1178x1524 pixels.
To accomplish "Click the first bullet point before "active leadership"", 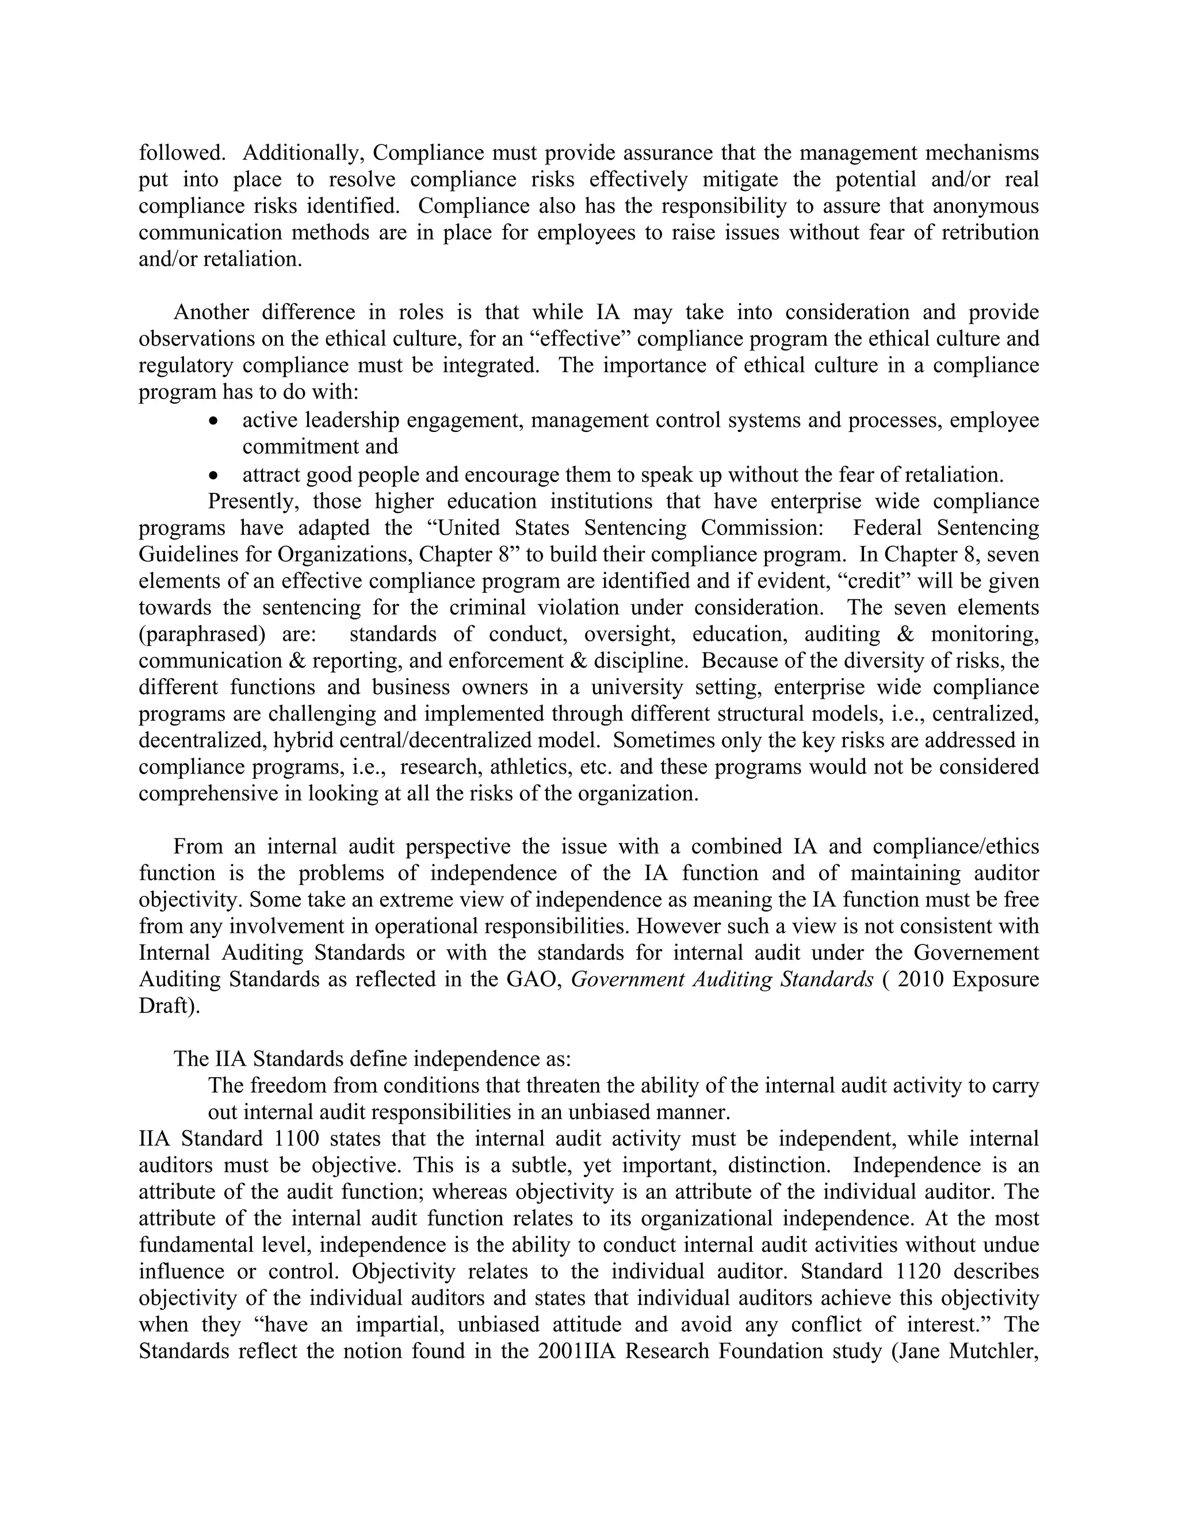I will click(x=214, y=422).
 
